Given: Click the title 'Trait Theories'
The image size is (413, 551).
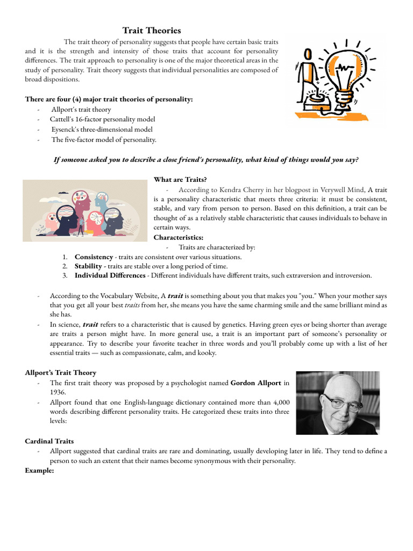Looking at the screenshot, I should coord(152,31).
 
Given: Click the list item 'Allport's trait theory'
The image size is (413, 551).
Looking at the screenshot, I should coord(81,109).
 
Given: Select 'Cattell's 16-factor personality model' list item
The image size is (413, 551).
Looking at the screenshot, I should coord(102,119).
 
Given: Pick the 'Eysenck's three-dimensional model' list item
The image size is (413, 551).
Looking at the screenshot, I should coord(102,130).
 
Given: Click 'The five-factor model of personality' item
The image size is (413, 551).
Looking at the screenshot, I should coord(104,140).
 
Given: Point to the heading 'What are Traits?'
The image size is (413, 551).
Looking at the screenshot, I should coord(180,179).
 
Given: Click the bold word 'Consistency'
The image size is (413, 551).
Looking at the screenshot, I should coord(94,257).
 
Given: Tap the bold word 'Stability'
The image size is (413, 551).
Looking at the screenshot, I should coord(89,266).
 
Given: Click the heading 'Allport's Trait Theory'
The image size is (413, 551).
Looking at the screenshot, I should coord(60,372).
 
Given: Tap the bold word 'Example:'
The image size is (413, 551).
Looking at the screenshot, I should coord(39,471).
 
